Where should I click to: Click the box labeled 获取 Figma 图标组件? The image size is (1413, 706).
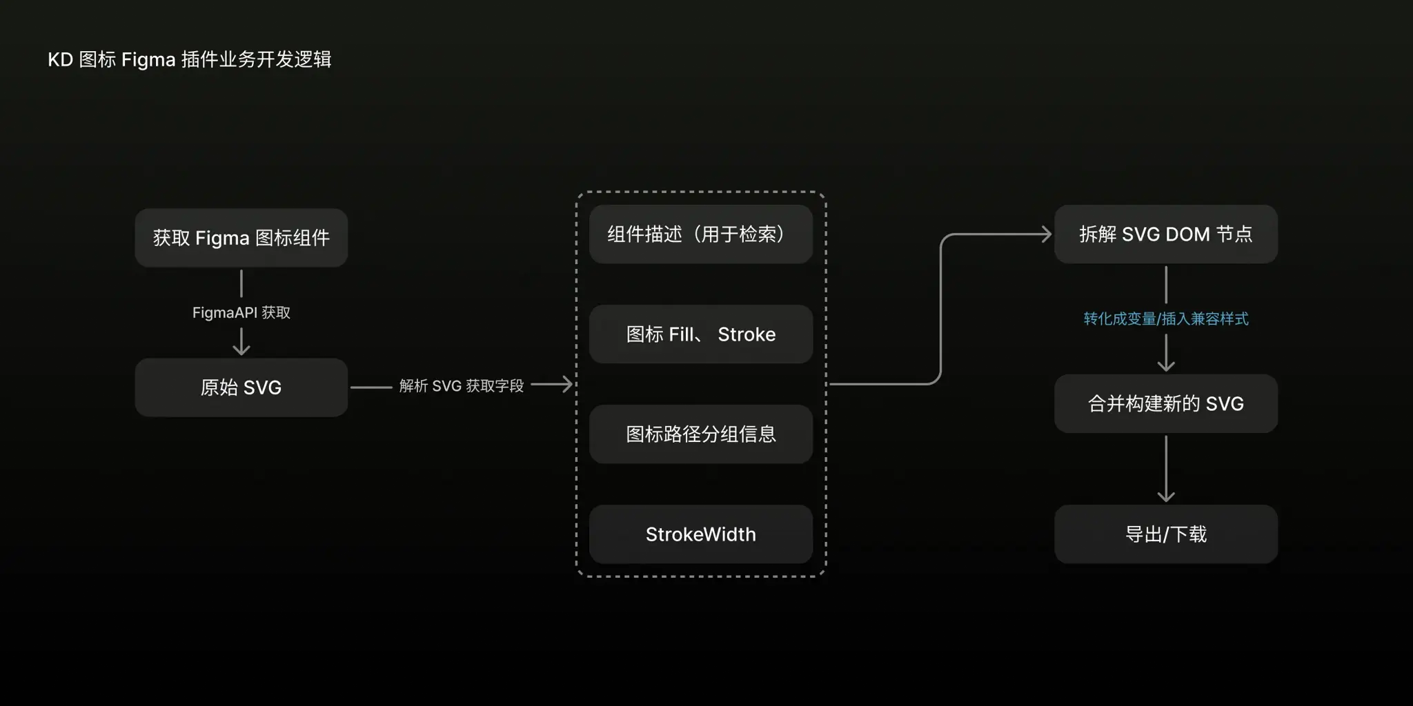(x=241, y=238)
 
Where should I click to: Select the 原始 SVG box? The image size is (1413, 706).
(x=241, y=387)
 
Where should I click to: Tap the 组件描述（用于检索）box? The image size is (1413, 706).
(x=700, y=234)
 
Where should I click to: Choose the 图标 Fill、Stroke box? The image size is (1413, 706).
(x=700, y=334)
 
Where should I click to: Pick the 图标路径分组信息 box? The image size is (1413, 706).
(x=700, y=434)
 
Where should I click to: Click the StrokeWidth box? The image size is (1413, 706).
(x=700, y=534)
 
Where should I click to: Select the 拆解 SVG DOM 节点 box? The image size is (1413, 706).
(x=1165, y=234)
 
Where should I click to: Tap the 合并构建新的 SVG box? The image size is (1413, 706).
(x=1165, y=404)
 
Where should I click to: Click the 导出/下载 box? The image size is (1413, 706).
(x=1165, y=534)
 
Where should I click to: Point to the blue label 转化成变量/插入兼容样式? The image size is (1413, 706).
(x=1165, y=319)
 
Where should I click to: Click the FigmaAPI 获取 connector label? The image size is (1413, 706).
(x=241, y=313)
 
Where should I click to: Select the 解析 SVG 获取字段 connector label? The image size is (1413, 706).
(x=461, y=386)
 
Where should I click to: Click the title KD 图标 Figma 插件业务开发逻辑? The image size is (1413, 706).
(x=189, y=60)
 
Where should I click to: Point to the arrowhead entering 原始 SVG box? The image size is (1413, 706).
(x=241, y=350)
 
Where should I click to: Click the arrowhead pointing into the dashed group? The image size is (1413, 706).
(x=568, y=384)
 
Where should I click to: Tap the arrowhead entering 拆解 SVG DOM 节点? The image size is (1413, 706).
(x=1047, y=234)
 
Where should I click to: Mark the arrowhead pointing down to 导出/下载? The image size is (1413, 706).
(x=1166, y=496)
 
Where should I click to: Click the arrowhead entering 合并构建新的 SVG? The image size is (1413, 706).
(x=1166, y=366)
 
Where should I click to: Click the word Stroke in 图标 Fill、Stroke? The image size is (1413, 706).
(x=747, y=334)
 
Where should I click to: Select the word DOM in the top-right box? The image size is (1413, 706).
(x=1187, y=234)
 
